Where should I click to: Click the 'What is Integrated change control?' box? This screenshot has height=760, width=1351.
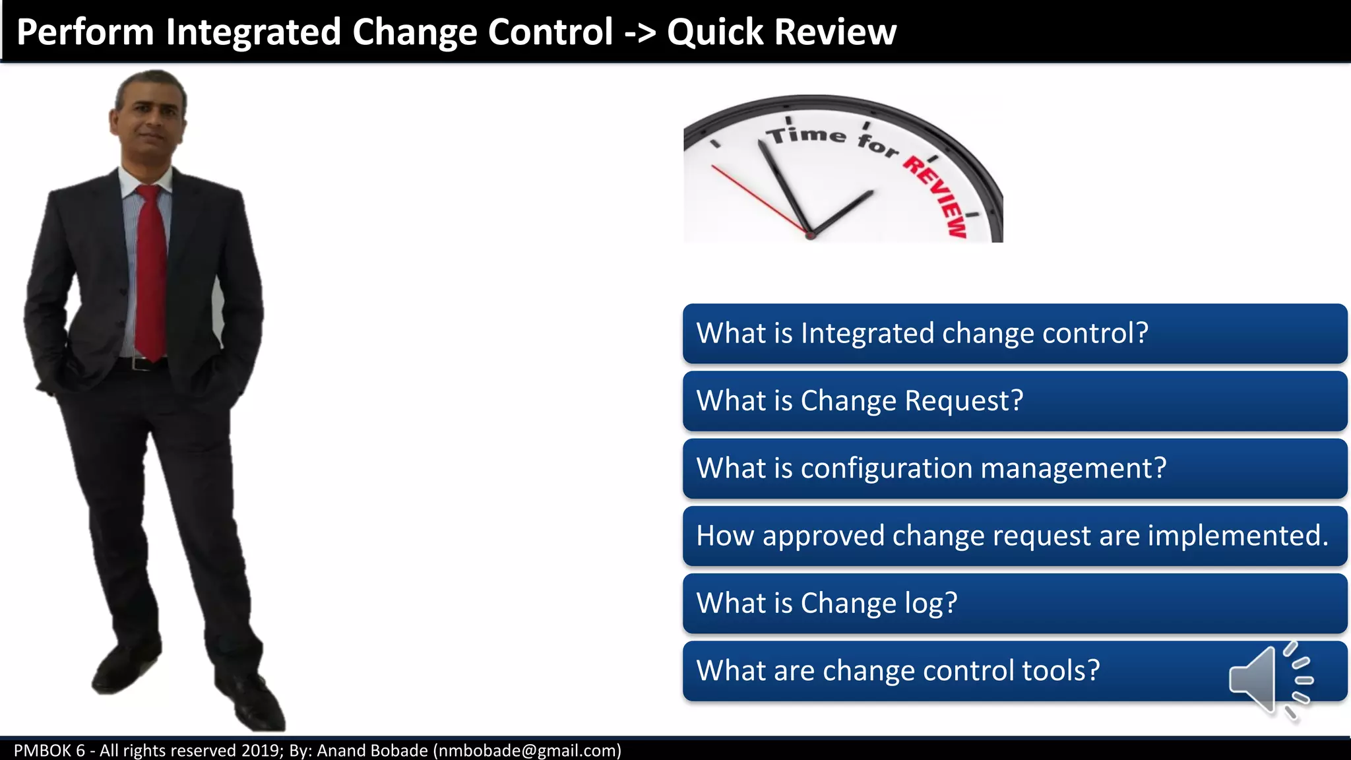[1015, 333]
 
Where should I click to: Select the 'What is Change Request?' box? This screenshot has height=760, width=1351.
[1015, 401]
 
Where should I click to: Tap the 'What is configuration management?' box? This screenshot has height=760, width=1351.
[1015, 468]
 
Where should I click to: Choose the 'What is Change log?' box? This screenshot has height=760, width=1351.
[1015, 603]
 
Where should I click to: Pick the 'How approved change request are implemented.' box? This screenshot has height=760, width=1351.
[1015, 536]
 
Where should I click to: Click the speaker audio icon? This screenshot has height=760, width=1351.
[1270, 680]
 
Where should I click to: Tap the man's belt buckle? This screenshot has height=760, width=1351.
[136, 364]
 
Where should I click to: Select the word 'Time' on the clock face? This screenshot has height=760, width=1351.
[805, 135]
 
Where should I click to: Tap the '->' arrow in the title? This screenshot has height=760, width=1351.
[640, 33]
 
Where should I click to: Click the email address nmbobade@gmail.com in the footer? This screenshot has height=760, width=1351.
[527, 751]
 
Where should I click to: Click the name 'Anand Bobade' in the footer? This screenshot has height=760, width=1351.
[372, 751]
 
